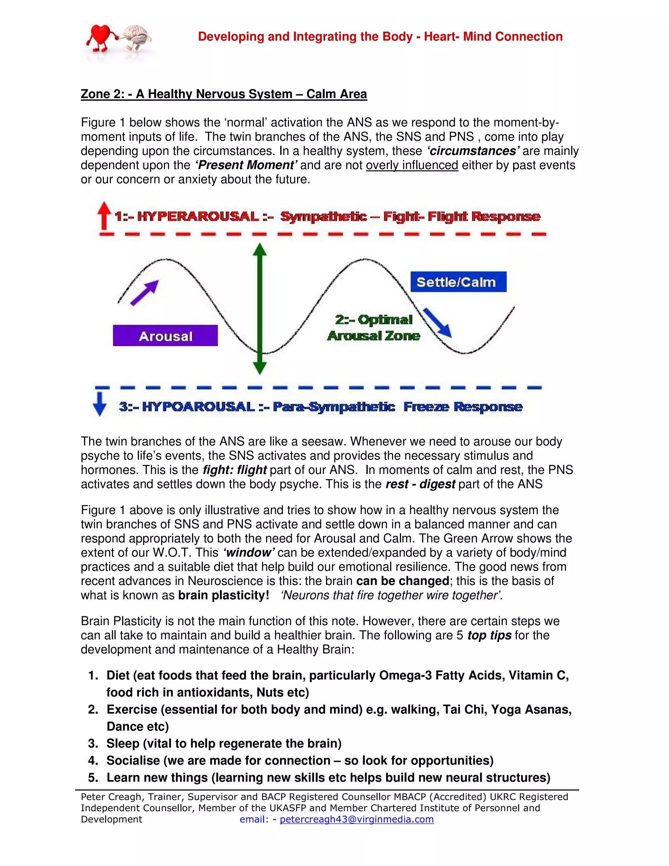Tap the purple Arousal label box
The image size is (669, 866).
tap(165, 336)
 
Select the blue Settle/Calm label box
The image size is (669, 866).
tap(458, 282)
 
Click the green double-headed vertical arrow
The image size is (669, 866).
tap(260, 309)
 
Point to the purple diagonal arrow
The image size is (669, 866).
tap(145, 292)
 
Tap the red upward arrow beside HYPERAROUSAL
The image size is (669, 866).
tap(104, 215)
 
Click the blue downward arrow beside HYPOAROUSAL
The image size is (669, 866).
tap(100, 404)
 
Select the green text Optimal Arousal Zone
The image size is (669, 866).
tap(373, 327)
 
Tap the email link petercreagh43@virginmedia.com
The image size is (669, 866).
tap(356, 819)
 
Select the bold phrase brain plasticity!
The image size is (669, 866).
tap(223, 595)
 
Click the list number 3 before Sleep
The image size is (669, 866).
tap(93, 743)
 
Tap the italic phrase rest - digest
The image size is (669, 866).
tap(420, 484)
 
